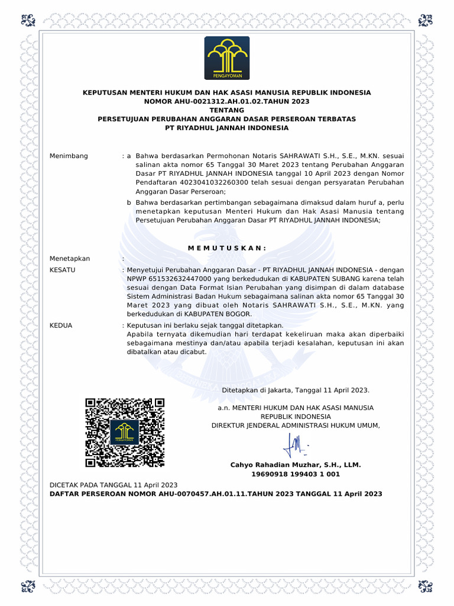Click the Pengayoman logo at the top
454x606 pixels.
pyautogui.click(x=227, y=57)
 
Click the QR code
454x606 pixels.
pyautogui.click(x=125, y=433)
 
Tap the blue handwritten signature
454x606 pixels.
pyautogui.click(x=296, y=445)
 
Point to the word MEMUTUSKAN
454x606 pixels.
pyautogui.click(x=227, y=247)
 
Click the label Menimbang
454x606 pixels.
pyautogui.click(x=69, y=156)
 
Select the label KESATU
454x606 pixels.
pyautogui.click(x=62, y=270)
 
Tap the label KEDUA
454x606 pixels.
pyautogui.click(x=61, y=325)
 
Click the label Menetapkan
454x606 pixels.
pyautogui.click(x=70, y=259)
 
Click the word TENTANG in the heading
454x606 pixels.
pyautogui.click(x=227, y=110)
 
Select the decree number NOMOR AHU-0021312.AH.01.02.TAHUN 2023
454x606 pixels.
pyautogui.click(x=227, y=101)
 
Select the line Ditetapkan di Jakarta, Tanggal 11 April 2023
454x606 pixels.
pyautogui.click(x=296, y=391)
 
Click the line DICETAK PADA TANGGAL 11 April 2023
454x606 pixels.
pyautogui.click(x=113, y=485)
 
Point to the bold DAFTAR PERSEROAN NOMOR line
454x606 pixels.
pyautogui.click(x=216, y=494)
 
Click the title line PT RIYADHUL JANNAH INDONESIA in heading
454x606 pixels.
pyautogui.click(x=227, y=128)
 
